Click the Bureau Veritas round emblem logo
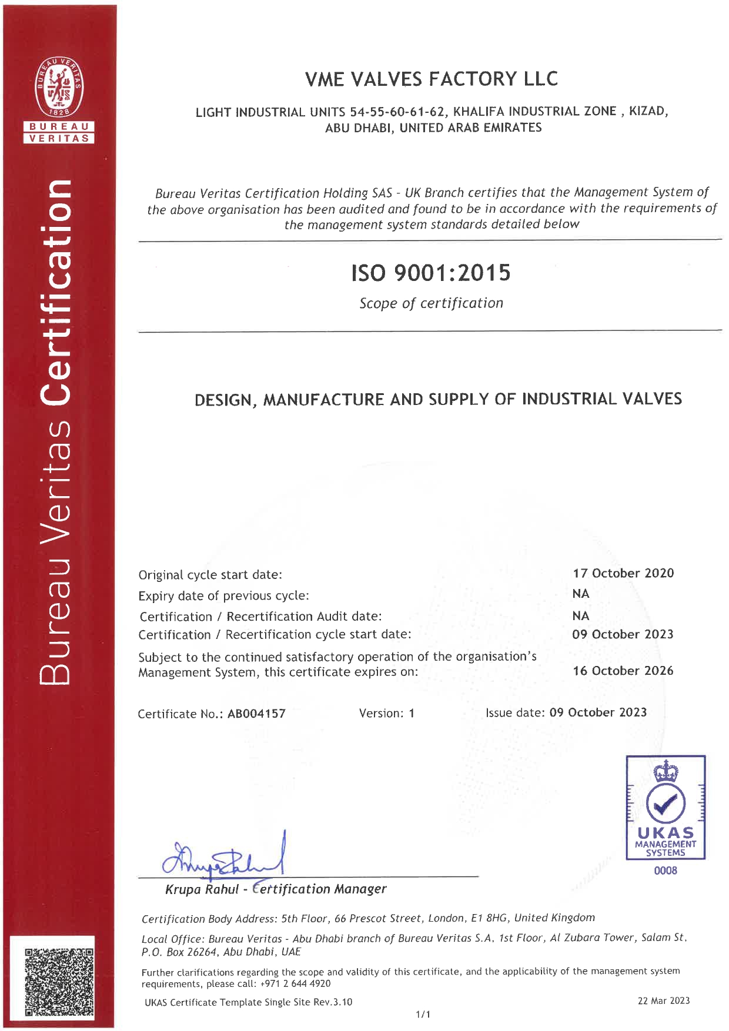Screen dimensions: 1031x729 pyautogui.click(x=59, y=87)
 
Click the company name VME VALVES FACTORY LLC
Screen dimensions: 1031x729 pyautogui.click(x=431, y=79)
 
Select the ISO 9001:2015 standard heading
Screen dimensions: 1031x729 pyautogui.click(x=431, y=273)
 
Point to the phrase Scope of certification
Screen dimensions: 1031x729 pyautogui.click(x=431, y=303)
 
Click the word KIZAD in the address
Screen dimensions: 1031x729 pyautogui.click(x=647, y=111)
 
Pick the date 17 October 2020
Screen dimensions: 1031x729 pyautogui.click(x=623, y=573)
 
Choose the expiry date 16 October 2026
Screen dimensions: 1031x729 pyautogui.click(x=623, y=671)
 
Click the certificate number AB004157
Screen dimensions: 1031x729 pyautogui.click(x=256, y=714)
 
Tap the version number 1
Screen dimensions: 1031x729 pyautogui.click(x=412, y=713)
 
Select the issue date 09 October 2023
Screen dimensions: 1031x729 pyautogui.click(x=598, y=712)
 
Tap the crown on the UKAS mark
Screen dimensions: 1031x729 pyautogui.click(x=666, y=771)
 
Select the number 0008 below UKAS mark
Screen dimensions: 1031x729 pyautogui.click(x=666, y=871)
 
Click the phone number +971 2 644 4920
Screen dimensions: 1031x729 pyautogui.click(x=295, y=983)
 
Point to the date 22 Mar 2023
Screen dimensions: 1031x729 pyautogui.click(x=664, y=1000)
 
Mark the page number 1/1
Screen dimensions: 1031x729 pyautogui.click(x=423, y=1014)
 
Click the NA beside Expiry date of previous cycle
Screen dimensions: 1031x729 pyautogui.click(x=581, y=594)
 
